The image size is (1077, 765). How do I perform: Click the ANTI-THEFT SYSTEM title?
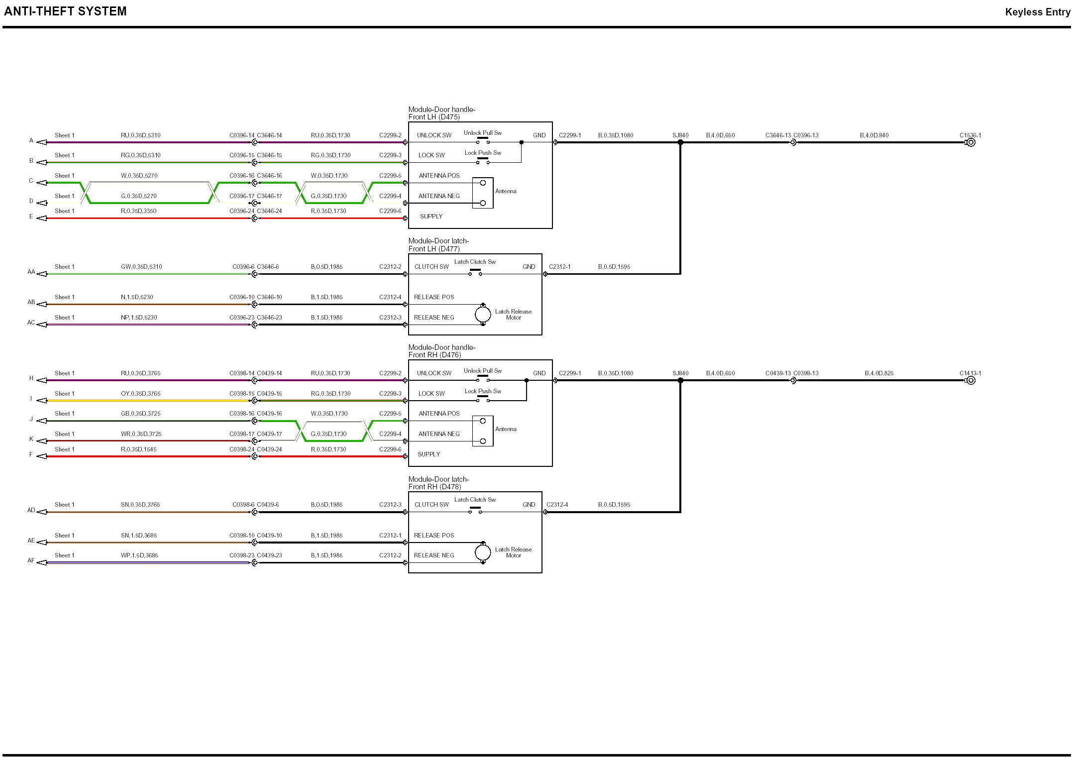(65, 11)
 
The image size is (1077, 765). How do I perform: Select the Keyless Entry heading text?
(1037, 12)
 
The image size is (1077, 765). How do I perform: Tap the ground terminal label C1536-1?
(970, 135)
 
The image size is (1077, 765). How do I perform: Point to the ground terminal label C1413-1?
(970, 373)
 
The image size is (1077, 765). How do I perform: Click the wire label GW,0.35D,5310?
(141, 267)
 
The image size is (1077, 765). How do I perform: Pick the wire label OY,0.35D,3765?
(140, 394)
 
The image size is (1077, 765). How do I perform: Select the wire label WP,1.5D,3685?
(139, 555)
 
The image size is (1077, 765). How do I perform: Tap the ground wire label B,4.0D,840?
(874, 135)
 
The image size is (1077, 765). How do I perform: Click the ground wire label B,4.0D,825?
(879, 373)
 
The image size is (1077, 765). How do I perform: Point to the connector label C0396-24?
(242, 211)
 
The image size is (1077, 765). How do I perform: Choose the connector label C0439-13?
(778, 373)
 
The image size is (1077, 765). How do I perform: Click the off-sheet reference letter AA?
(31, 272)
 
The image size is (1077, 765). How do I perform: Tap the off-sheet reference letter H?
(31, 379)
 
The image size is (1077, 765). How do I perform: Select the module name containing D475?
(441, 113)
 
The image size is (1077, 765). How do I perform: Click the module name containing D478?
(438, 483)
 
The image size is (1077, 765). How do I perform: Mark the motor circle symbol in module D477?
(482, 315)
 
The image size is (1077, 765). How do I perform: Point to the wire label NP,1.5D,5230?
(139, 318)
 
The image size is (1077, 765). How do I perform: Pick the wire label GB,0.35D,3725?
(141, 414)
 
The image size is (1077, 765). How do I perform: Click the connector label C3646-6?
(268, 267)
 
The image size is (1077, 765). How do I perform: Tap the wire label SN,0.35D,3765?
(140, 505)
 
